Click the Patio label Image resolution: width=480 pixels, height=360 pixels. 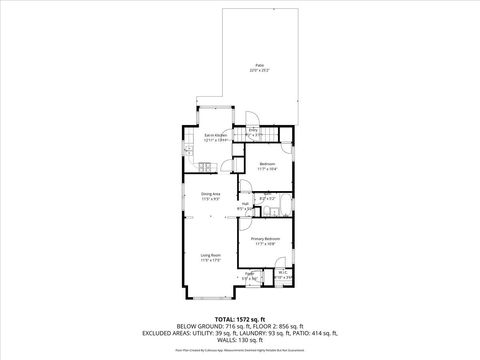point(259,63)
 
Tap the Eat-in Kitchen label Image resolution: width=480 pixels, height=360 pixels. point(217,134)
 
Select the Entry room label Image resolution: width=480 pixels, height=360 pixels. point(254,130)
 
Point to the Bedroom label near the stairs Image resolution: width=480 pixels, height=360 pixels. point(267,163)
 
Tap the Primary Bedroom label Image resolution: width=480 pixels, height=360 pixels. point(265,238)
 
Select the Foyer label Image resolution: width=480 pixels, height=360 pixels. point(249,272)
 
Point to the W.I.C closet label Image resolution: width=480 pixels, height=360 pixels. point(283,272)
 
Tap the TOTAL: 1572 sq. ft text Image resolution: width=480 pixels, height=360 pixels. point(239,318)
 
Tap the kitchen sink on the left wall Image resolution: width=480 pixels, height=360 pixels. point(187,151)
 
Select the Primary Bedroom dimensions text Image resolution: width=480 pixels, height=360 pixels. point(265,243)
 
